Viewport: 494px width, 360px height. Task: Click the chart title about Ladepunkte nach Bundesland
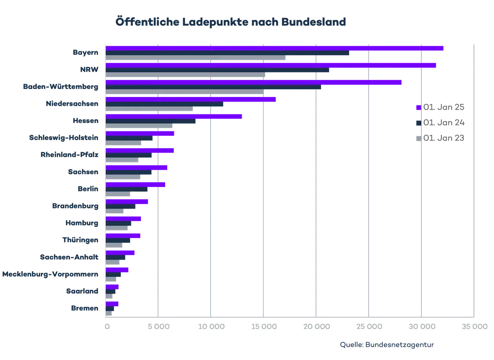point(231,22)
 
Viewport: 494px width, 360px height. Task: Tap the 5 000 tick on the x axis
point(158,326)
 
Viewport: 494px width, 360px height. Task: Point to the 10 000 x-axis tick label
point(211,326)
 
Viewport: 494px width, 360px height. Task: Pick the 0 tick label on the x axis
point(107,326)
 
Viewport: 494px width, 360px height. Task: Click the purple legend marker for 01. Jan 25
point(418,107)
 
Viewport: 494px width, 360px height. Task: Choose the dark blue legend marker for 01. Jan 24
point(418,123)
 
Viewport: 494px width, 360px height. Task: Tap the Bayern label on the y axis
point(85,53)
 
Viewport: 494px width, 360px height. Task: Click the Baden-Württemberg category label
point(61,87)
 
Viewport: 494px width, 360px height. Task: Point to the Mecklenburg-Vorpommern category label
point(50,274)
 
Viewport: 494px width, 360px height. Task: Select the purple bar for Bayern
point(275,48)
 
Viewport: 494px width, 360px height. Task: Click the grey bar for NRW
point(185,76)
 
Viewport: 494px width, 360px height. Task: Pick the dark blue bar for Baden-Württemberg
point(213,87)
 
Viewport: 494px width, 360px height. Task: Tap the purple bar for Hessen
point(175,117)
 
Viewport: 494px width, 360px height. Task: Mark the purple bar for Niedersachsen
point(191,100)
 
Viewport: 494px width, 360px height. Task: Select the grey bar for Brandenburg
point(116,212)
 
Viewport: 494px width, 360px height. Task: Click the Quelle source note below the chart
point(386,344)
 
